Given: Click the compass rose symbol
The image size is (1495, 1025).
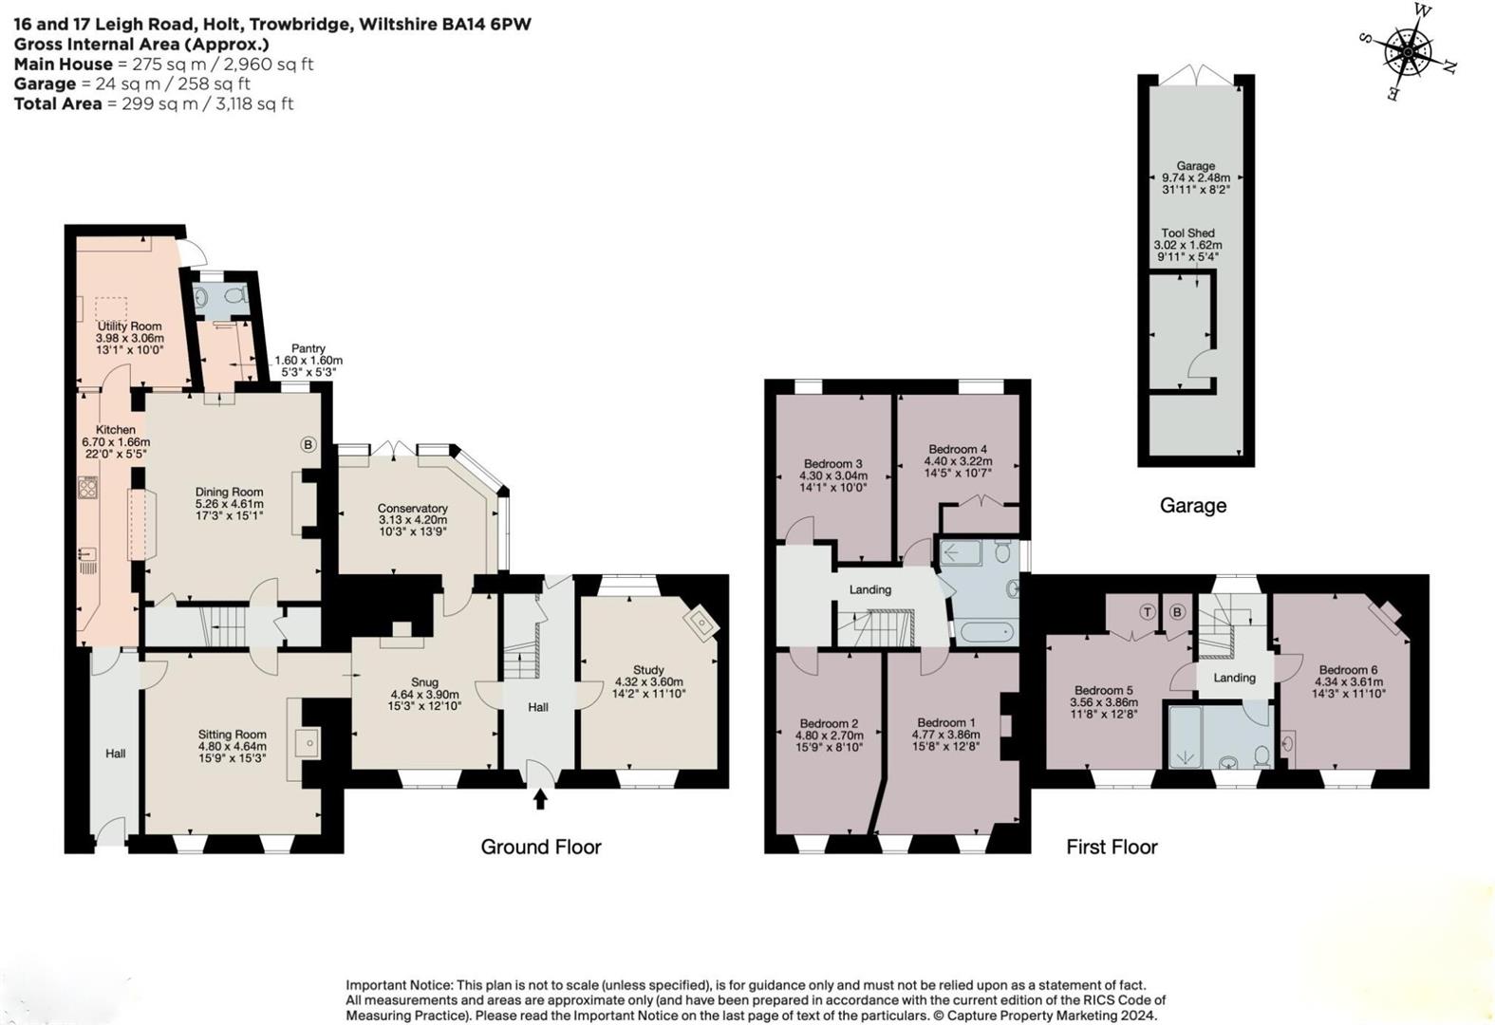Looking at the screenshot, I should pos(1408,51).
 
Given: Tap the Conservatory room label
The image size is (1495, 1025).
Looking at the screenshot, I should pos(412,508).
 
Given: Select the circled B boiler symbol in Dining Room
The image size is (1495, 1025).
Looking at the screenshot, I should pos(308,444).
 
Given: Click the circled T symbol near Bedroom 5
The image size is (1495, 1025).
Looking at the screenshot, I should pos(1148,612).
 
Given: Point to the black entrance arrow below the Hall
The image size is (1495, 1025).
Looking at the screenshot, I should pos(540,799).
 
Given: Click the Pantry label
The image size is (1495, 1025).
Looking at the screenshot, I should pos(308,348).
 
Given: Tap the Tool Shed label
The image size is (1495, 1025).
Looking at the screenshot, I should pos(1187,233).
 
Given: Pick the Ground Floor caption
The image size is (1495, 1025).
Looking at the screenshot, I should pos(540,847).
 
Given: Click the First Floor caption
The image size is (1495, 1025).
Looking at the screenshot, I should pos(1111,847).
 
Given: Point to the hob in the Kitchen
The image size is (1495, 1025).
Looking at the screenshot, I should pos(87,488).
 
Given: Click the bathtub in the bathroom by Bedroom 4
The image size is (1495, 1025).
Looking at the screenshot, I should pos(987,632).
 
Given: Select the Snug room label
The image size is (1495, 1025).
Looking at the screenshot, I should pos(424,681).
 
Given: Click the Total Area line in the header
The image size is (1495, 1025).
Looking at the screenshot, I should pos(154,103).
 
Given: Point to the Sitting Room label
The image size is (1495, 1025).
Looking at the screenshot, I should pos(232,734).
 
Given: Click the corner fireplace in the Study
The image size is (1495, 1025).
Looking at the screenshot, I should pos(703,622).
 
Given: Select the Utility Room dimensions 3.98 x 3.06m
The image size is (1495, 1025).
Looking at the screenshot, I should pos(129,338).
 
